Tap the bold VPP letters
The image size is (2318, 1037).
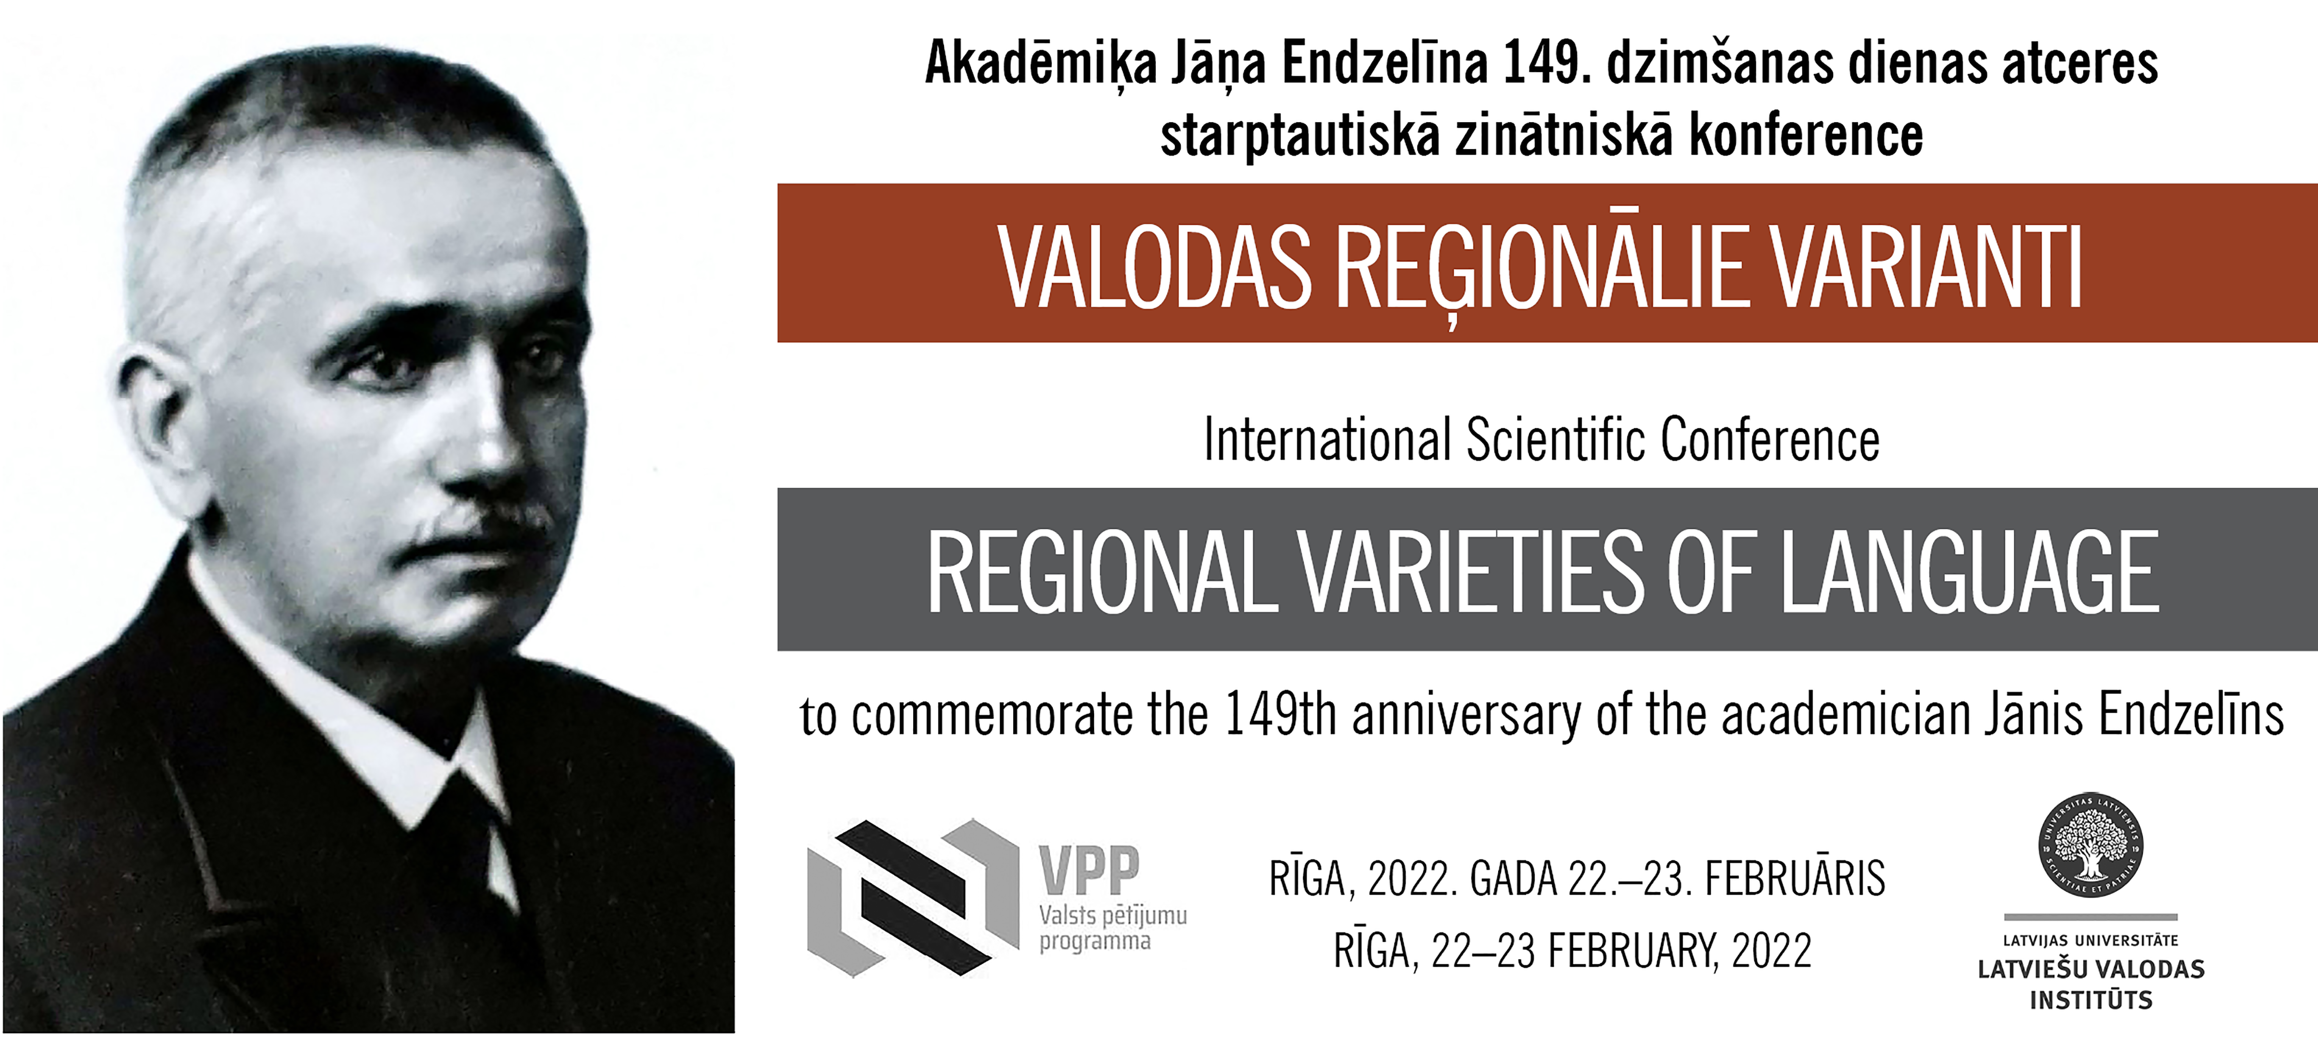(x=1090, y=870)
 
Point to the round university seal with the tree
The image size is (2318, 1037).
(x=2090, y=845)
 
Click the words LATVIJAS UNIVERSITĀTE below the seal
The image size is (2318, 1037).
(x=2090, y=941)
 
